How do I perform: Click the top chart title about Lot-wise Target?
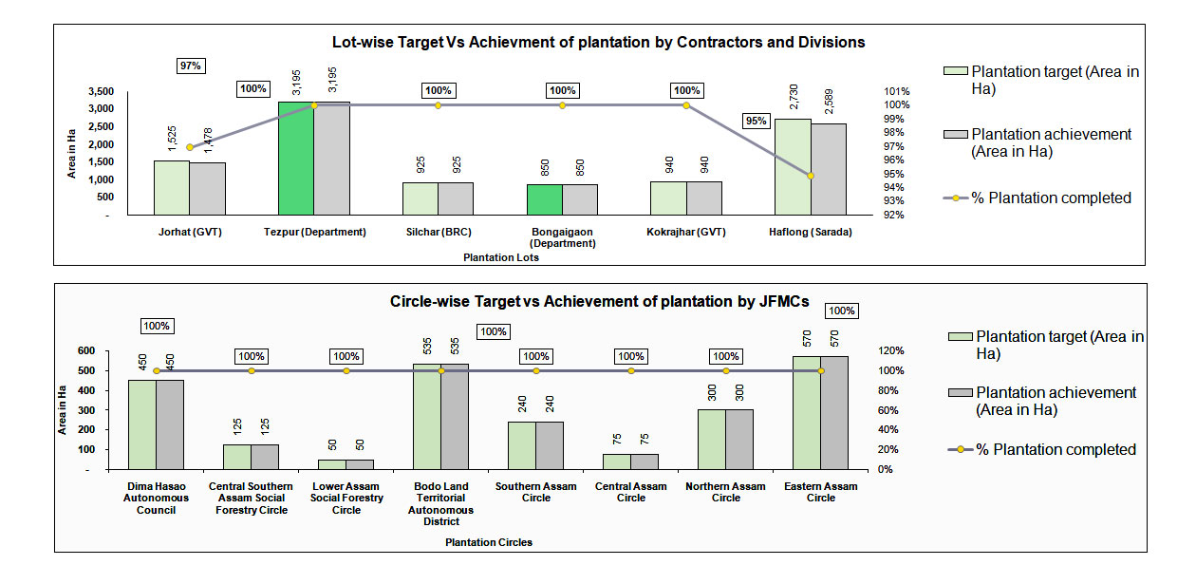(x=598, y=43)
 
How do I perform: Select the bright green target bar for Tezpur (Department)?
(x=295, y=159)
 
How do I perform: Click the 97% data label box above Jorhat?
(x=191, y=66)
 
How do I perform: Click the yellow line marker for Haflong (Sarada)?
(x=811, y=176)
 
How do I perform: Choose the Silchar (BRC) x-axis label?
(x=439, y=232)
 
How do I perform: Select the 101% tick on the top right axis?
(x=898, y=91)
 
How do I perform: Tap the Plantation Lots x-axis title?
(x=500, y=257)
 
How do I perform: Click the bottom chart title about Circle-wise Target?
(x=600, y=302)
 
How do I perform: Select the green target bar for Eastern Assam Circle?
(x=807, y=412)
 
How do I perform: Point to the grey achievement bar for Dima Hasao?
(x=171, y=424)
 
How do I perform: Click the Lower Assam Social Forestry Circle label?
(x=346, y=498)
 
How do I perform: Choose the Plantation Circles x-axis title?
(x=489, y=542)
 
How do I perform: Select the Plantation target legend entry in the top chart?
(x=1044, y=81)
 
